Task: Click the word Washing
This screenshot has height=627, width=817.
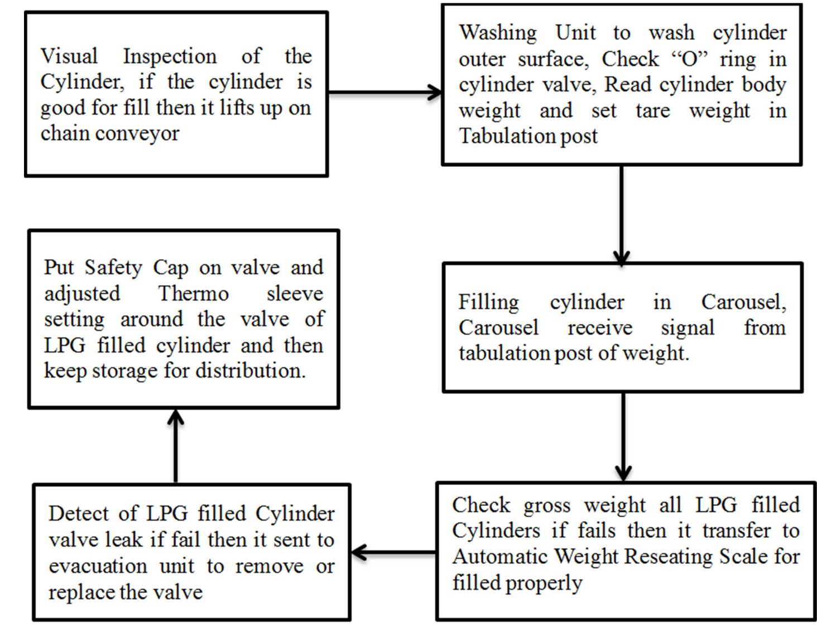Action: coord(498,32)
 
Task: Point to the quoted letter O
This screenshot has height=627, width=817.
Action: coord(690,59)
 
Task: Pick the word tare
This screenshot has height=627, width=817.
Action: coord(653,111)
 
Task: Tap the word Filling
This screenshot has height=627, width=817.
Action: coord(488,302)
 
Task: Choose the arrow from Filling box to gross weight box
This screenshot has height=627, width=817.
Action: coord(623,437)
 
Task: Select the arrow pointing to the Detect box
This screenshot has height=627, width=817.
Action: coord(393,553)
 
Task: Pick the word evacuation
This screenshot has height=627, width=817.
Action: coord(98,566)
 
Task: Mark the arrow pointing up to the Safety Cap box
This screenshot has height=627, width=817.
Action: coord(176,446)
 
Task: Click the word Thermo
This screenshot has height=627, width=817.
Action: coord(193,293)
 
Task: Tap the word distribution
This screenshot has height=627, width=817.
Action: coord(251,371)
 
